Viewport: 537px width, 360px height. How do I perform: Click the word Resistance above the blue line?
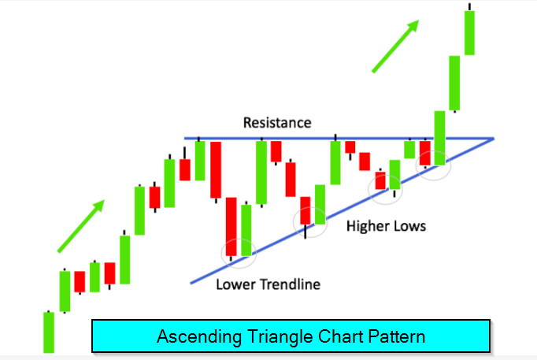277,123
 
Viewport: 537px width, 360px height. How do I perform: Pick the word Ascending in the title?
199,336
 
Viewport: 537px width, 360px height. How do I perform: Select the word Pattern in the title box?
397,336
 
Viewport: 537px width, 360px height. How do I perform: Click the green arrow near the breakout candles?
395,46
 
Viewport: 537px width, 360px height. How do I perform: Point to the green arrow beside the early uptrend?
81,226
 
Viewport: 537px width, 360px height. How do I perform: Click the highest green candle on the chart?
469,32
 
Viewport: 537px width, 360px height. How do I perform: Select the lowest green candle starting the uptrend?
49,332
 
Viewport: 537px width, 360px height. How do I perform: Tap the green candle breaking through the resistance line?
439,138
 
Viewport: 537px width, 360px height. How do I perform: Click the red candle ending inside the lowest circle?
231,227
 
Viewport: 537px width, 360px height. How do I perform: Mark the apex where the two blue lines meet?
494,139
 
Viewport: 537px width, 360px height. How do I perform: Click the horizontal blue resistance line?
339,139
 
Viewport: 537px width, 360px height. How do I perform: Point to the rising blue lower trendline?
343,211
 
